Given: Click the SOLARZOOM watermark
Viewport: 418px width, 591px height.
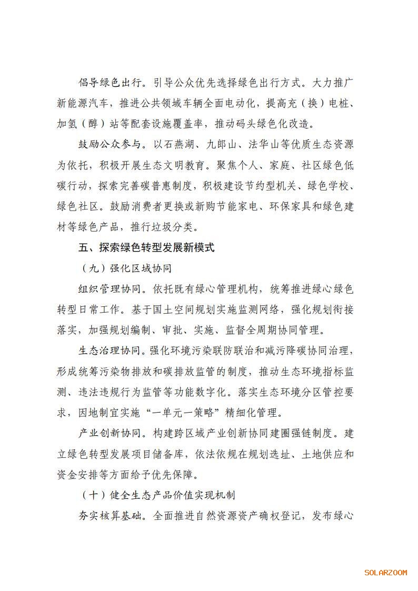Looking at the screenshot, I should pyautogui.click(x=385, y=572).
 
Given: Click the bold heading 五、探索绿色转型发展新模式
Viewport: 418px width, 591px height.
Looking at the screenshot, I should pyautogui.click(x=146, y=247).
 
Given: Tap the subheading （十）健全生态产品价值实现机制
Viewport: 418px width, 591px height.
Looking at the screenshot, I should pyautogui.click(x=158, y=495).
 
